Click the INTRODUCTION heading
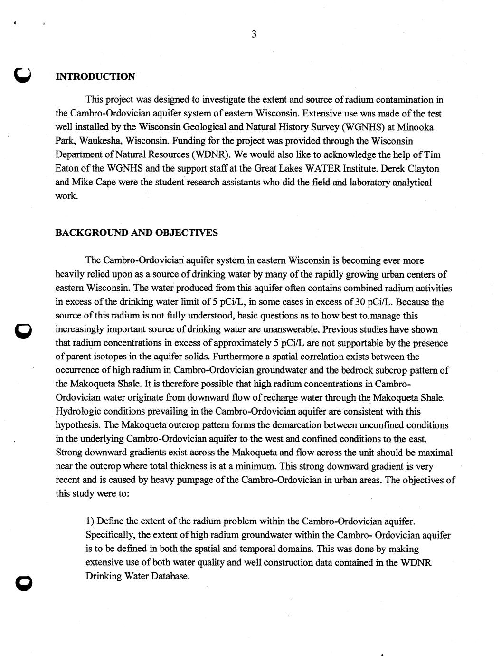click(95, 77)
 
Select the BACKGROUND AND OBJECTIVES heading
click(137, 232)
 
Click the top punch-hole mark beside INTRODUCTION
click(22, 75)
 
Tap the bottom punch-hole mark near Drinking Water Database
click(22, 581)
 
